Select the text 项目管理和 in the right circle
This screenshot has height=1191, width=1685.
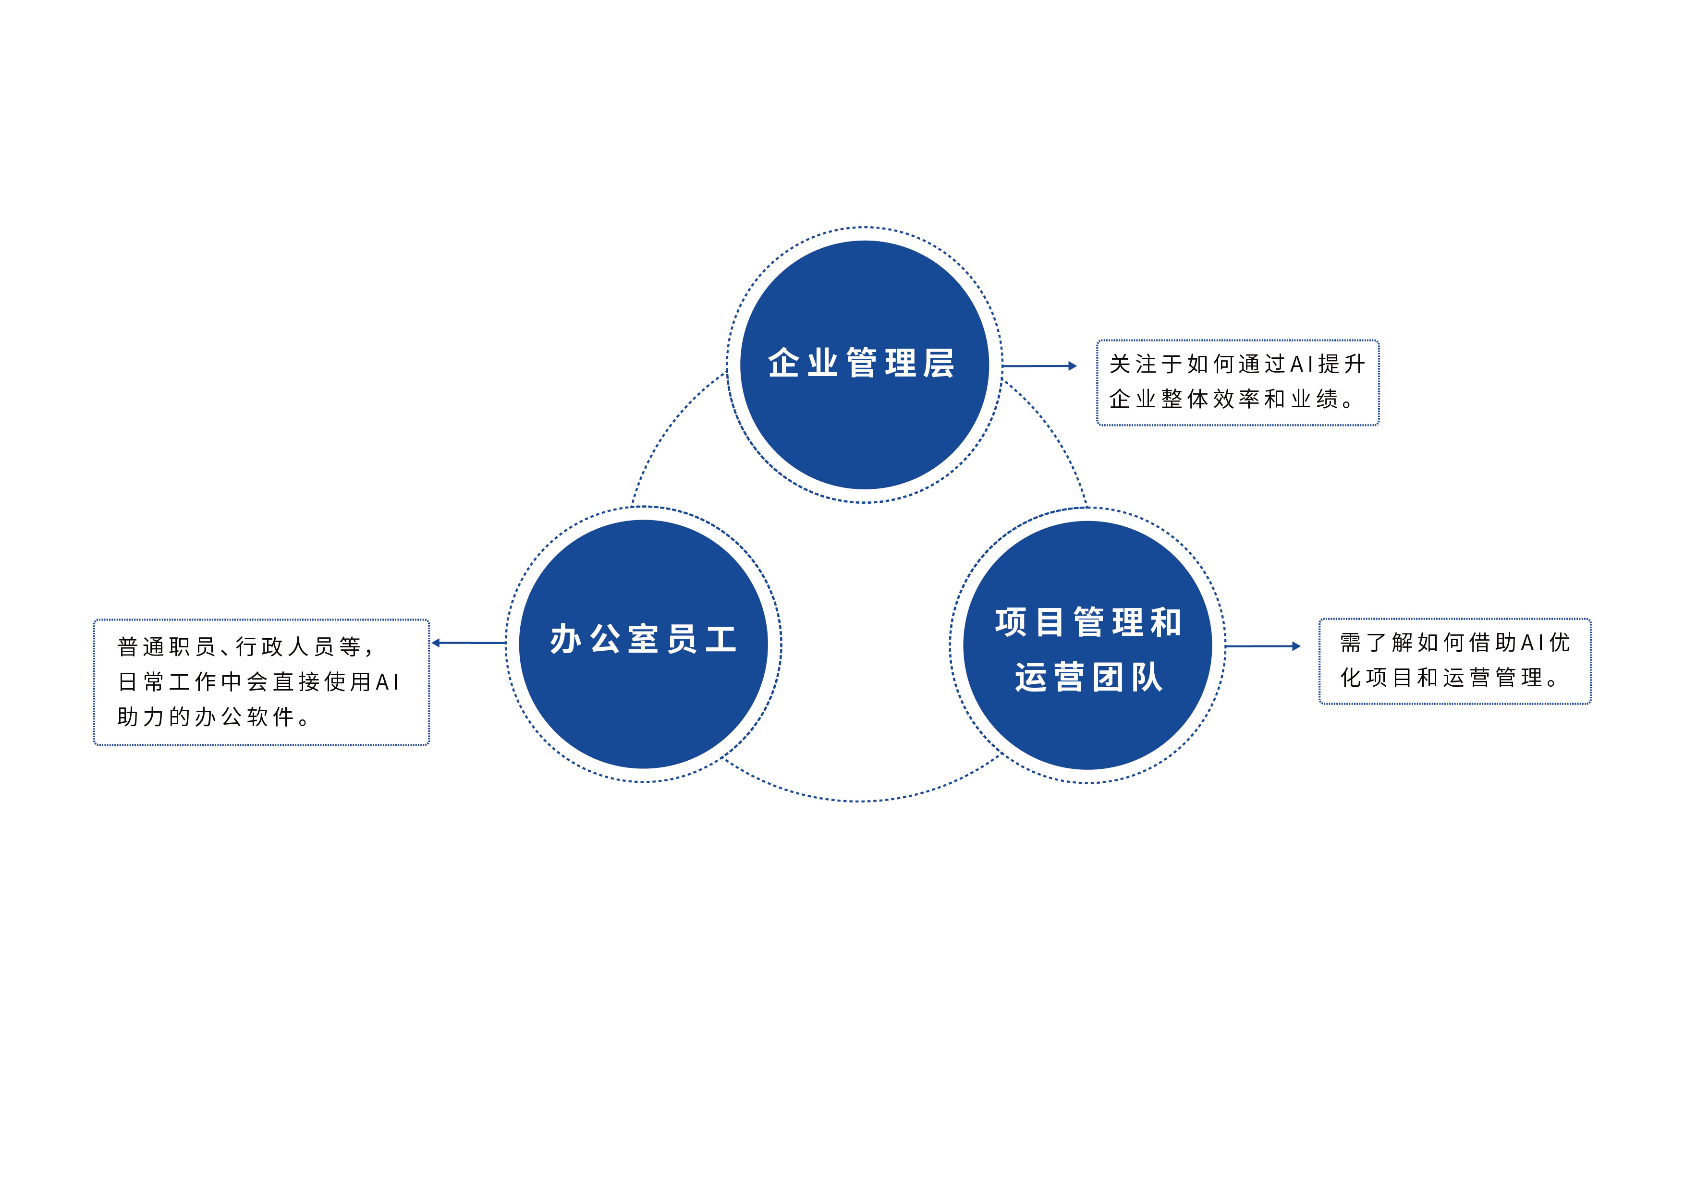point(1087,622)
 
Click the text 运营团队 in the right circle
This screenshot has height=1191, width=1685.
point(1089,677)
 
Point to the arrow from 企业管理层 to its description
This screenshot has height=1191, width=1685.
point(1039,365)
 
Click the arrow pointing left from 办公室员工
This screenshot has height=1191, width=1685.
point(468,643)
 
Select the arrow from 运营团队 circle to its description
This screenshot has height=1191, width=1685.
point(1262,646)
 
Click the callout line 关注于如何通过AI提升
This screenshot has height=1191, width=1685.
point(1237,364)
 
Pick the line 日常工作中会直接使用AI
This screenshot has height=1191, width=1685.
point(258,682)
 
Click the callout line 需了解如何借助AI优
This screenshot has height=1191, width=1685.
point(1454,643)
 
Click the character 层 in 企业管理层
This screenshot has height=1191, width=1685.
point(939,363)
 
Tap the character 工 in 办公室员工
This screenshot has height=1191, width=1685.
point(720,639)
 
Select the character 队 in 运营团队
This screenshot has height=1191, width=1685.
point(1147,677)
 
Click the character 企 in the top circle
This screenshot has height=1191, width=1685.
point(784,363)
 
